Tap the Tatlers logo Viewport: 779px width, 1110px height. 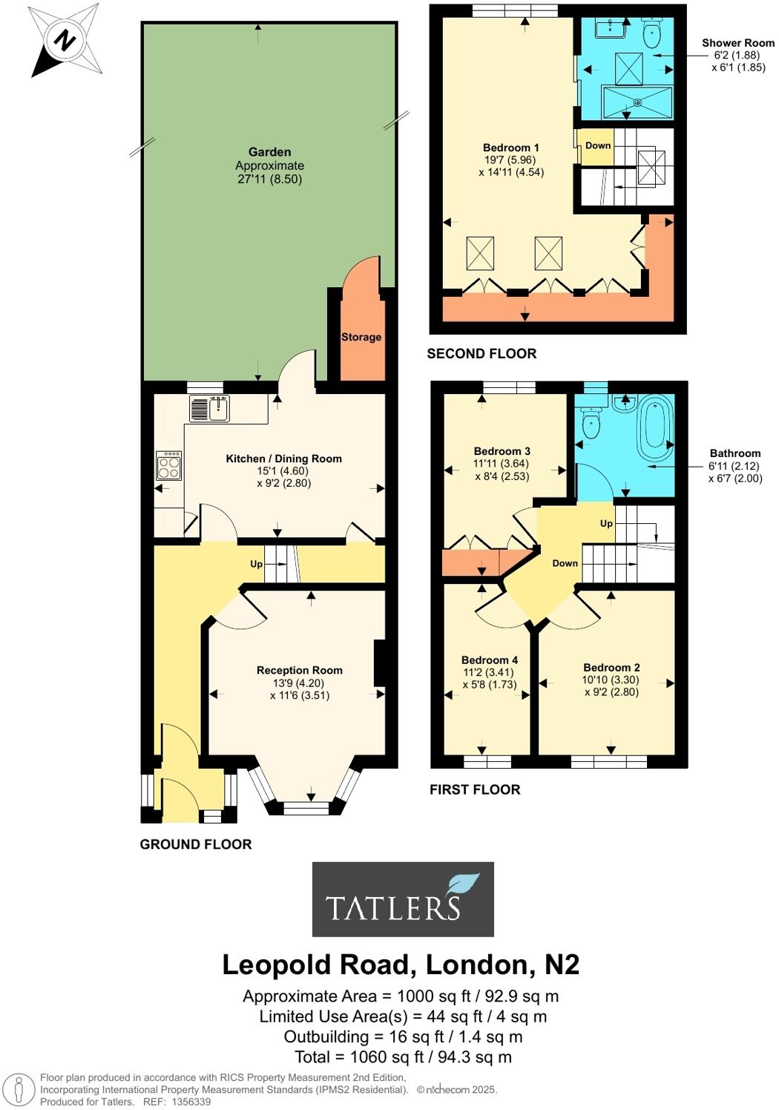pos(403,899)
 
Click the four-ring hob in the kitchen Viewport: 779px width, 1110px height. pos(169,466)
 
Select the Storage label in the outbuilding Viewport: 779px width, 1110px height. pos(361,337)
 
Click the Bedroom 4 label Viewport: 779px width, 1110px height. pos(490,660)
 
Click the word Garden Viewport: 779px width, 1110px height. pos(269,152)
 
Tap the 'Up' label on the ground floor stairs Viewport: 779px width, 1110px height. pos(257,564)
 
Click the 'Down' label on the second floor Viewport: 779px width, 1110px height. pos(598,145)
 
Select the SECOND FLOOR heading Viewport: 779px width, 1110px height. pos(481,354)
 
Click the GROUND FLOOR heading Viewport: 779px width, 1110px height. pos(196,844)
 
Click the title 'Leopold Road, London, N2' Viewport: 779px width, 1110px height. pos(401,965)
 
